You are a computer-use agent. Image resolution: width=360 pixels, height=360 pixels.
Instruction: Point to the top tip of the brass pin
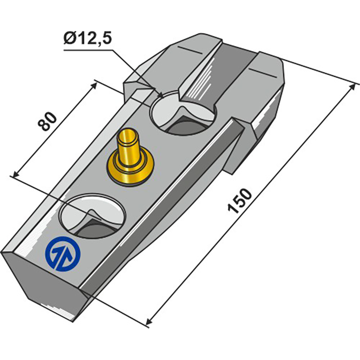point(128,132)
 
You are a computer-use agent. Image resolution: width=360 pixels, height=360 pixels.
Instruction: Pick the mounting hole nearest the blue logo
point(92,215)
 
